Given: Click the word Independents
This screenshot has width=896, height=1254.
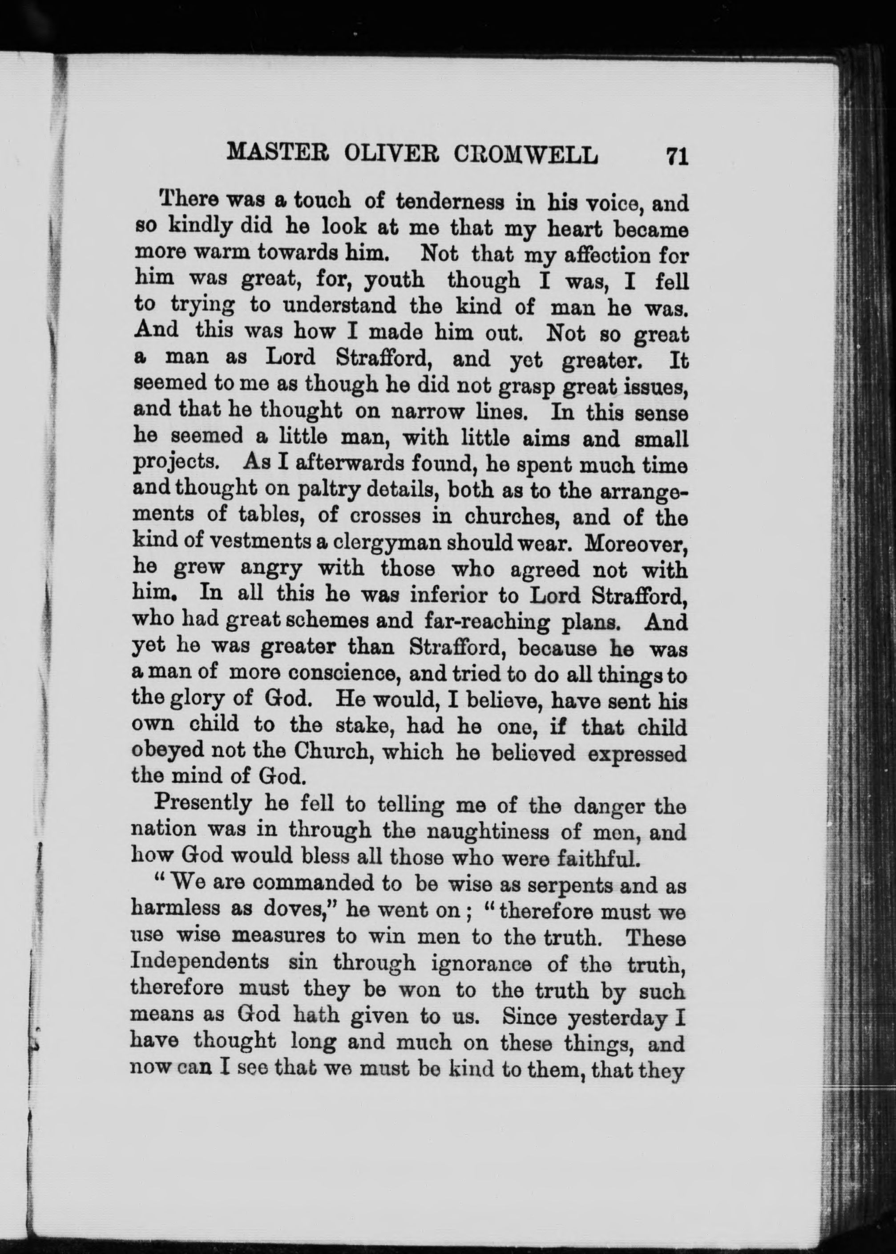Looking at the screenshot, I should pos(200,962).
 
